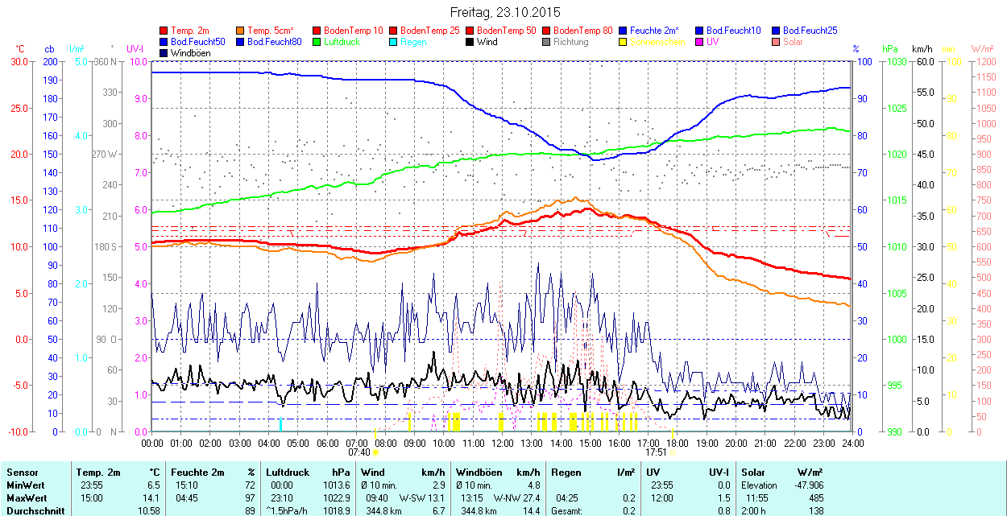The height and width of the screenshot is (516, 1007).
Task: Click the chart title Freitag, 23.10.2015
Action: tap(503, 12)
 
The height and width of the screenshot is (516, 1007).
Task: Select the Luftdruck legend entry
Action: tap(341, 42)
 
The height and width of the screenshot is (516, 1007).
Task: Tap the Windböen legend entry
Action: tap(184, 53)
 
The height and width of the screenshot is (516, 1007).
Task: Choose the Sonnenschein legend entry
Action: tap(653, 42)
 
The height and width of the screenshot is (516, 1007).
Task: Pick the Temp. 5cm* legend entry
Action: tap(270, 31)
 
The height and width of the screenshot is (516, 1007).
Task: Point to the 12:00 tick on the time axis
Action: tap(503, 443)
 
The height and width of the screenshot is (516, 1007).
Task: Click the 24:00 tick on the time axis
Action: tap(852, 443)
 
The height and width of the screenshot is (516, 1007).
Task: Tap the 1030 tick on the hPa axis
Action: tap(894, 62)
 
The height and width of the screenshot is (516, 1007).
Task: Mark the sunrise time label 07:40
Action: tap(358, 452)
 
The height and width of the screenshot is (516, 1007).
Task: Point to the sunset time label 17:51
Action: tap(657, 452)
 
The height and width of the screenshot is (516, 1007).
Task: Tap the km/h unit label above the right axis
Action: tap(922, 49)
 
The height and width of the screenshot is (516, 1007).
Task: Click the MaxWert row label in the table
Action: tap(26, 497)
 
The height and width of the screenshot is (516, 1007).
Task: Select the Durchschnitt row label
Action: tap(31, 510)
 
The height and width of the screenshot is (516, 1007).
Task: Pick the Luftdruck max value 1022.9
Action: tap(339, 497)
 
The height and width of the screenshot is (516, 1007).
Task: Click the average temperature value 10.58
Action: tap(148, 510)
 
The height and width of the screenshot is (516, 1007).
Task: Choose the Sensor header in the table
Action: tap(22, 473)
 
